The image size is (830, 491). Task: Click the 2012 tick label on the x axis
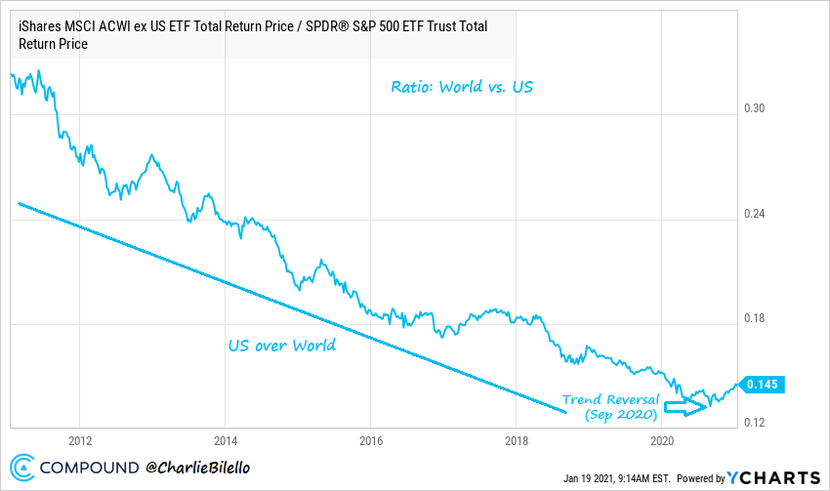(80, 438)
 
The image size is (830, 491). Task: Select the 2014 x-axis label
(226, 438)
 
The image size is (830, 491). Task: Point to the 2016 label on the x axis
(370, 438)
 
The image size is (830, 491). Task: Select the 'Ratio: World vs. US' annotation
(462, 88)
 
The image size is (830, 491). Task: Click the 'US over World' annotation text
(282, 345)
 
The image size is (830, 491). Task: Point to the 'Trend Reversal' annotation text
(610, 400)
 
